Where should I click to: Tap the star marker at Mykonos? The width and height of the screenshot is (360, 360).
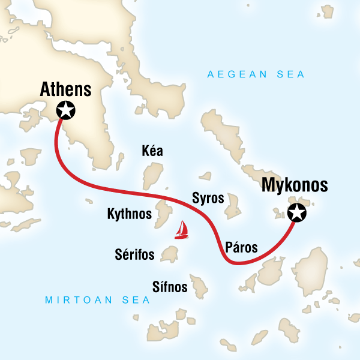click(x=296, y=212)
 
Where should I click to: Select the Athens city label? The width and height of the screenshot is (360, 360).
click(x=65, y=90)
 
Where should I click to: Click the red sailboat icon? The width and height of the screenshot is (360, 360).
click(x=181, y=230)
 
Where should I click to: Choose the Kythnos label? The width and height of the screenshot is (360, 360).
click(x=128, y=214)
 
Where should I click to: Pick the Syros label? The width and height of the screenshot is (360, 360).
click(x=208, y=198)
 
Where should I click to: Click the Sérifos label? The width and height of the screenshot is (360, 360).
click(x=134, y=254)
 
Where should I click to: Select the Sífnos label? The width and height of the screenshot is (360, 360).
click(x=169, y=288)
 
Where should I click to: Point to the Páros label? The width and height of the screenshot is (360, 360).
click(x=242, y=247)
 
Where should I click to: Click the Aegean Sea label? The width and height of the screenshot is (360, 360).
click(x=256, y=74)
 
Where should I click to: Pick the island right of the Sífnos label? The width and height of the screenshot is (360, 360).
click(x=199, y=286)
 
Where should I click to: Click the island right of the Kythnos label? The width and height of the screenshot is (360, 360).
click(x=163, y=212)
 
